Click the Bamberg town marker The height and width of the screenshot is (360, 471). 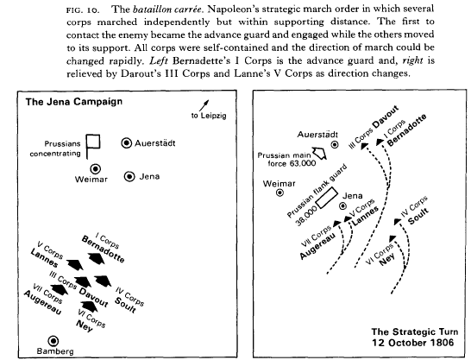tap(53, 341)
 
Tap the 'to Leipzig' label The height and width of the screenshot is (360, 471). tap(209, 116)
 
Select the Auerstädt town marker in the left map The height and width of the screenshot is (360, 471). tap(127, 143)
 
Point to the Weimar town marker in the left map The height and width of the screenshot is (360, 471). tap(96, 169)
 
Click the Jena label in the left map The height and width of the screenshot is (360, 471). tap(149, 176)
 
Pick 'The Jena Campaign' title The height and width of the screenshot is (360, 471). tap(74, 102)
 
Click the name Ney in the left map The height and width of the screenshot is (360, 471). tap(84, 325)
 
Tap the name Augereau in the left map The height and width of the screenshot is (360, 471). tap(42, 302)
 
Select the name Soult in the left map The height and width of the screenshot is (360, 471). tap(125, 305)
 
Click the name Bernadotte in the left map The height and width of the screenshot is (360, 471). tap(103, 249)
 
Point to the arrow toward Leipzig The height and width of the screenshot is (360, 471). tap(204, 105)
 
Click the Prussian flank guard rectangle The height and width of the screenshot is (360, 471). tap(327, 198)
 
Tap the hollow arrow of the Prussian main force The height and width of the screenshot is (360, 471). tap(319, 154)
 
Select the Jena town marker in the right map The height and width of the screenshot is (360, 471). tap(342, 205)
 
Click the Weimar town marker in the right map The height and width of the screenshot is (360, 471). tap(280, 193)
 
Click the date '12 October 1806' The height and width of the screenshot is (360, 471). tap(413, 343)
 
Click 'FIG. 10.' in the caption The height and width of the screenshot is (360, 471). tap(83, 9)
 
